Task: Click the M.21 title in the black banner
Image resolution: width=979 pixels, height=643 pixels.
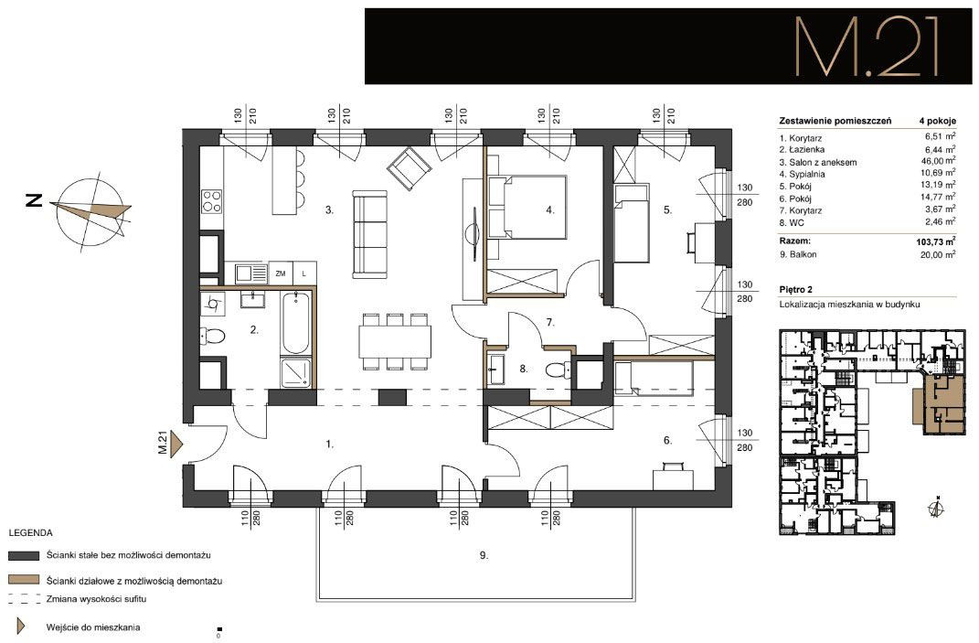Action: coord(867,47)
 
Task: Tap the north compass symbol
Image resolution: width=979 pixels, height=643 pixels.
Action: coord(90,211)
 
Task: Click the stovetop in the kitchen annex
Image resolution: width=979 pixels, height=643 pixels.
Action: coord(212,201)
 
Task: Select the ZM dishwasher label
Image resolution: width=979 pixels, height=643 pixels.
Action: coord(281,273)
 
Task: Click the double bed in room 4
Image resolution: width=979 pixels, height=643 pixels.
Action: coord(527,208)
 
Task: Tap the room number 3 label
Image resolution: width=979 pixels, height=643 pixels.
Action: coord(329,210)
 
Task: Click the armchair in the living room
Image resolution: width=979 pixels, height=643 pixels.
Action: coord(409,168)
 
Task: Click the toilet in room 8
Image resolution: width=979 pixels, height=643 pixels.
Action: coord(558,370)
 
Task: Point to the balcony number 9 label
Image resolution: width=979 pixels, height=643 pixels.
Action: coord(484,555)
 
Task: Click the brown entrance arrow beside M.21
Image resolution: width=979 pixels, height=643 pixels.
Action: coord(176,445)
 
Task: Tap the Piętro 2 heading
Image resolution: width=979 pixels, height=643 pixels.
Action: coord(796,289)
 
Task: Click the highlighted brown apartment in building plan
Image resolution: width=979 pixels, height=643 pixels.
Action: coord(942,405)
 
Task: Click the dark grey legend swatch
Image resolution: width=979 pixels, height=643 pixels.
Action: coord(24,555)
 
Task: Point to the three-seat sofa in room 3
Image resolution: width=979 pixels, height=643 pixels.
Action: coord(369,234)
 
